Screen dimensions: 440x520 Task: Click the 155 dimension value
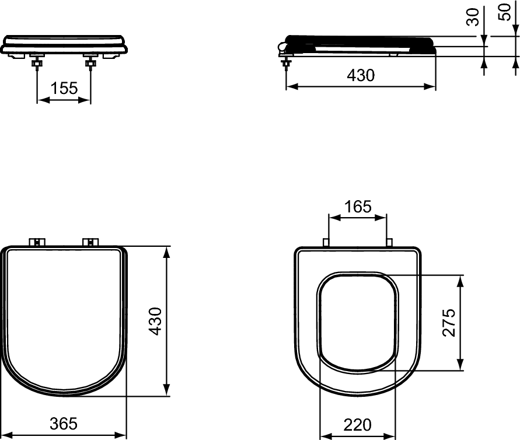[64, 88]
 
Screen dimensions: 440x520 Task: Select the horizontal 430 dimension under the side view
[361, 75]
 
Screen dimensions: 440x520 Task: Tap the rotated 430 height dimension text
[155, 321]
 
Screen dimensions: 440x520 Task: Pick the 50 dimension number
[504, 12]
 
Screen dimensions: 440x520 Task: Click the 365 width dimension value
[63, 424]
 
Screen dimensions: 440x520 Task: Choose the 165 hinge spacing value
[358, 206]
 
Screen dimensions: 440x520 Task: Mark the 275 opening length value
[448, 322]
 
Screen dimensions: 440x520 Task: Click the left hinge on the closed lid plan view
[37, 242]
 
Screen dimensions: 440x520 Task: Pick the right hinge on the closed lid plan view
[91, 242]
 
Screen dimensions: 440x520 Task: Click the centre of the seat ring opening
[358, 322]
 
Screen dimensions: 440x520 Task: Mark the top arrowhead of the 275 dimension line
[461, 280]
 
